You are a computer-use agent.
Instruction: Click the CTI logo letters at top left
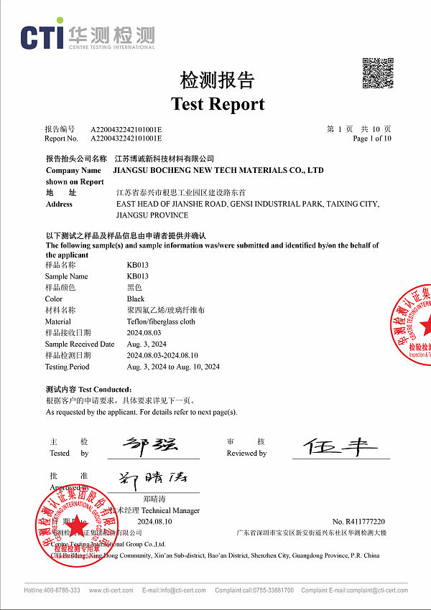41,37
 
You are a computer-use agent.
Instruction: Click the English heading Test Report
218,104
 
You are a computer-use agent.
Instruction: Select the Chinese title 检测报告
217,80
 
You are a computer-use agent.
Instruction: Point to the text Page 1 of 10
372,139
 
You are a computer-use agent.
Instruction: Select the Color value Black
136,299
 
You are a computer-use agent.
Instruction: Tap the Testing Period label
67,367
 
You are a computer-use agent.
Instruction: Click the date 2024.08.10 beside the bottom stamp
155,521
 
